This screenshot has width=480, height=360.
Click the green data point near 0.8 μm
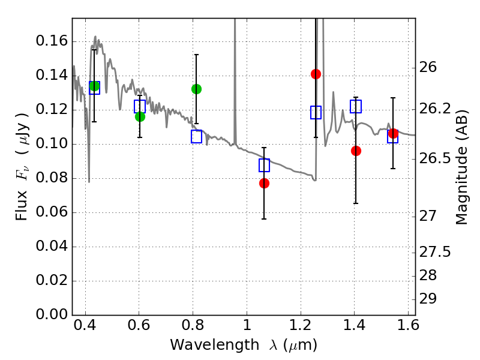tap(196, 89)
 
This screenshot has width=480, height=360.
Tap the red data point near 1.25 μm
tap(316, 74)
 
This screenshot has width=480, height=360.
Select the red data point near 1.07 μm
tap(264, 183)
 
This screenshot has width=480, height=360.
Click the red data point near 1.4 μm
tap(356, 151)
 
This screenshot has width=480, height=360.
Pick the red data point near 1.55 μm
tap(393, 133)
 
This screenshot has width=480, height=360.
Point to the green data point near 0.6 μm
tap(140, 116)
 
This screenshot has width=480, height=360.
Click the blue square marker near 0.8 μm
tap(196, 137)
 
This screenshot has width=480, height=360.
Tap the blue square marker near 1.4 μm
tap(356, 106)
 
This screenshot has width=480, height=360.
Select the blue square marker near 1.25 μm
tap(316, 112)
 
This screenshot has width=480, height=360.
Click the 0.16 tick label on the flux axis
tap(52, 41)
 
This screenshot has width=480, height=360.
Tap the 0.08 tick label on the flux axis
tap(52, 178)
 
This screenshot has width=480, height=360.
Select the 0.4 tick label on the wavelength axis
tap(85, 328)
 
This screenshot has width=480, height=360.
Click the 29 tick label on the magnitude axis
tap(433, 299)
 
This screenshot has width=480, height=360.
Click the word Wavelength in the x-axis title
tap(203, 345)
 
